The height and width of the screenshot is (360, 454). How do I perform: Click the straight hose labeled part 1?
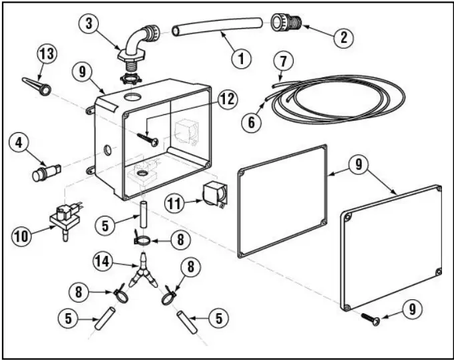tap(214, 27)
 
